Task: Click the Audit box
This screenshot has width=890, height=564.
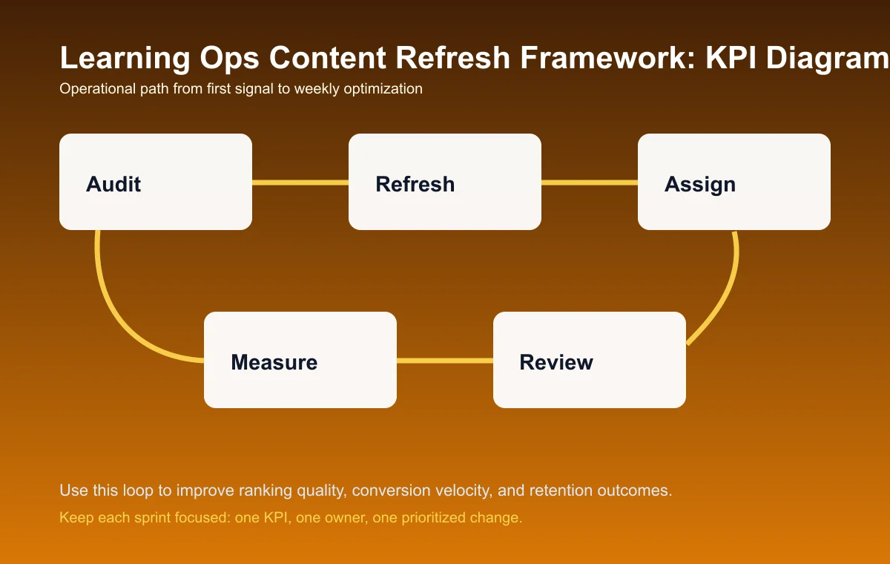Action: [x=156, y=182]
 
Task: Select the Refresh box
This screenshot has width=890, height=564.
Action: [x=445, y=182]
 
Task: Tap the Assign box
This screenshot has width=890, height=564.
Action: [x=734, y=182]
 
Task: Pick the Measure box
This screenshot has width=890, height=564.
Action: [x=300, y=360]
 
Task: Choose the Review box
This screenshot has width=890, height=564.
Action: [x=590, y=360]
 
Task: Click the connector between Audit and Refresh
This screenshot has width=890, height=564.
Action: [x=300, y=182]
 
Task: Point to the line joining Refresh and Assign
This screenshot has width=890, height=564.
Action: [x=590, y=182]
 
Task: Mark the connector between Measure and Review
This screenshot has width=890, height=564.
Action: [x=445, y=361]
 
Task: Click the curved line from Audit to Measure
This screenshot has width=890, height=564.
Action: [x=111, y=304]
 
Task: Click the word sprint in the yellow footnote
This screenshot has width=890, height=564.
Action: [x=150, y=518]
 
